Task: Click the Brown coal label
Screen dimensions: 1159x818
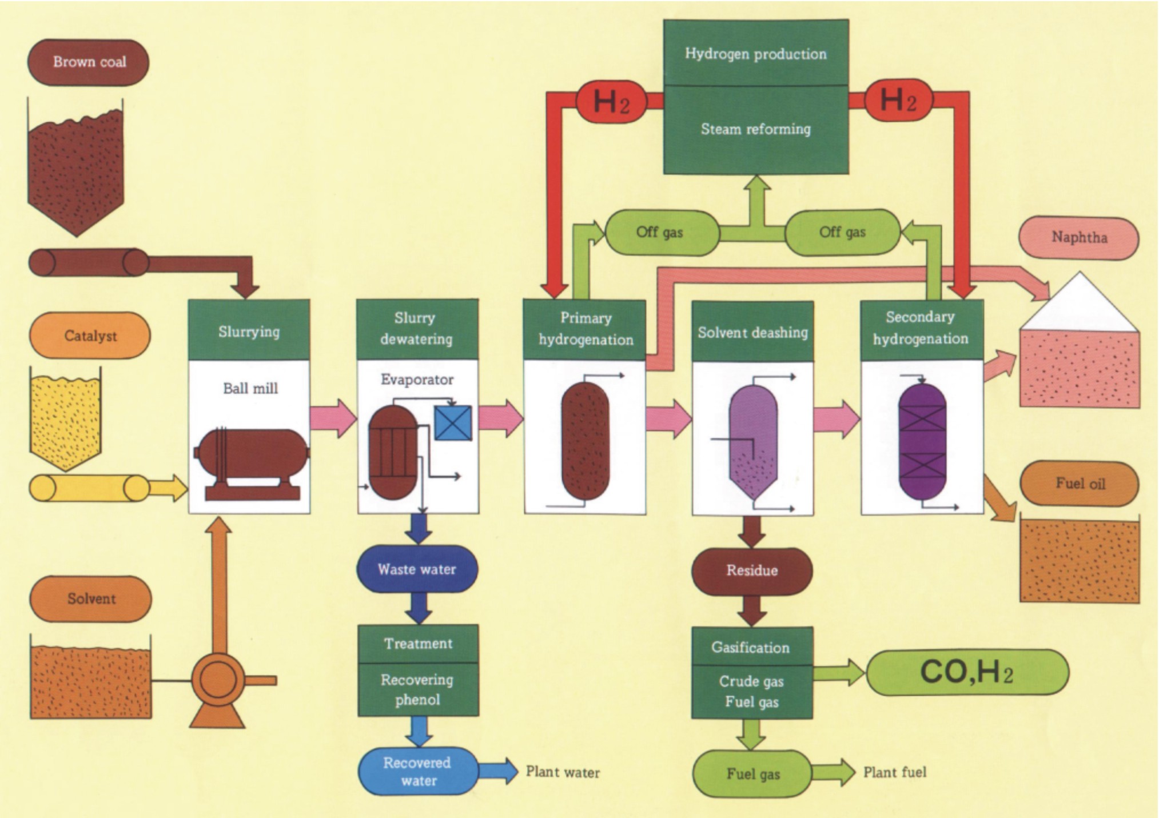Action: tap(89, 62)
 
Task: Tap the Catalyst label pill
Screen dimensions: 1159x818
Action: tap(90, 336)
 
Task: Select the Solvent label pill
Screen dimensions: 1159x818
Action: tap(91, 598)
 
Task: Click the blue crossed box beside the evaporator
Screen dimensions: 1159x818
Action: tap(453, 423)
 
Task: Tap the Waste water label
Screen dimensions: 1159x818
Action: tap(417, 569)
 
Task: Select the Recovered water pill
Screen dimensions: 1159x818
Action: tap(417, 772)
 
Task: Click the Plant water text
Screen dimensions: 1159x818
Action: tap(563, 772)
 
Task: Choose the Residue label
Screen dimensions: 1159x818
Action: tap(752, 570)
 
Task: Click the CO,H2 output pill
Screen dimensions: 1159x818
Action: tap(967, 672)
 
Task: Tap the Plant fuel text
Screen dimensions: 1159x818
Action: tap(895, 772)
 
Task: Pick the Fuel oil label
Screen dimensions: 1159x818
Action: tap(1080, 484)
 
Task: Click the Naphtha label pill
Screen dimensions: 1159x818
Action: tap(1079, 238)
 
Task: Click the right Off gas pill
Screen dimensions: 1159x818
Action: tap(842, 232)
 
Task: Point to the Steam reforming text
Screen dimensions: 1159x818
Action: tap(756, 129)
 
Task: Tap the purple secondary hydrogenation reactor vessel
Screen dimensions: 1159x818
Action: tap(922, 441)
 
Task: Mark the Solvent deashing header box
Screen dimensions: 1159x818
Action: tap(752, 332)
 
